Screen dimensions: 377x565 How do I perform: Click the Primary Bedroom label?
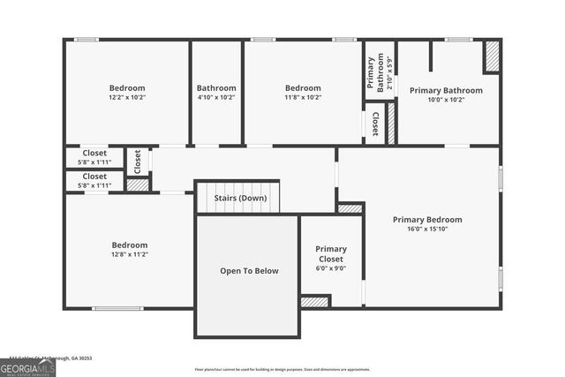427,220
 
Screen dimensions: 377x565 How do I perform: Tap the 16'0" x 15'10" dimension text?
427,230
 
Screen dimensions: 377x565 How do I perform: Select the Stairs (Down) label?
240,198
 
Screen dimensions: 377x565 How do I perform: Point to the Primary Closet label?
331,254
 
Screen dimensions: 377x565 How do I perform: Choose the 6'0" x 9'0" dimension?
331,268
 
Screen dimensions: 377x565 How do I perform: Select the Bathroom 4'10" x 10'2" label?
216,88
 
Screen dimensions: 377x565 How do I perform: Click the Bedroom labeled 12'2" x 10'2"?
127,88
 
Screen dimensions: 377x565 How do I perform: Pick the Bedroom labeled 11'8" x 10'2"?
303,88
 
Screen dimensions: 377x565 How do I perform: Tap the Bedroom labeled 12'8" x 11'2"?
129,245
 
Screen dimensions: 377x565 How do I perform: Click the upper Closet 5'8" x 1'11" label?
94,153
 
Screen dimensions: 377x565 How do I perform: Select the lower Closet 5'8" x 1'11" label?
94,175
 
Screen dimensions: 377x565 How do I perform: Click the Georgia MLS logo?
27,366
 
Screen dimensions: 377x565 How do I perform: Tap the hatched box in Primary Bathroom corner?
492,57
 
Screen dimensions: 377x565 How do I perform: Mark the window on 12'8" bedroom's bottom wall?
117,308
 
